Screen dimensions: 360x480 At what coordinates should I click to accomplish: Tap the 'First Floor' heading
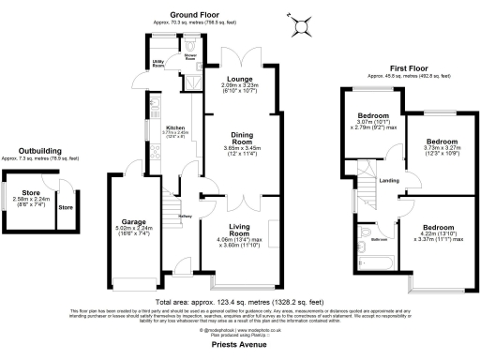point(390,68)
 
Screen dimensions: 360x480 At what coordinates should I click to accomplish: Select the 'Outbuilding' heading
point(42,151)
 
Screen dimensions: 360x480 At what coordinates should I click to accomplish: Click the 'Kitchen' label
point(151,127)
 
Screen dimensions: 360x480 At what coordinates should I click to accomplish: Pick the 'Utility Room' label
point(158,65)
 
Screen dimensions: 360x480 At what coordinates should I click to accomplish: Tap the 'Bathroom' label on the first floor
point(378,239)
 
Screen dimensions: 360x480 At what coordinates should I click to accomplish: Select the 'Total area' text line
point(241,301)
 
